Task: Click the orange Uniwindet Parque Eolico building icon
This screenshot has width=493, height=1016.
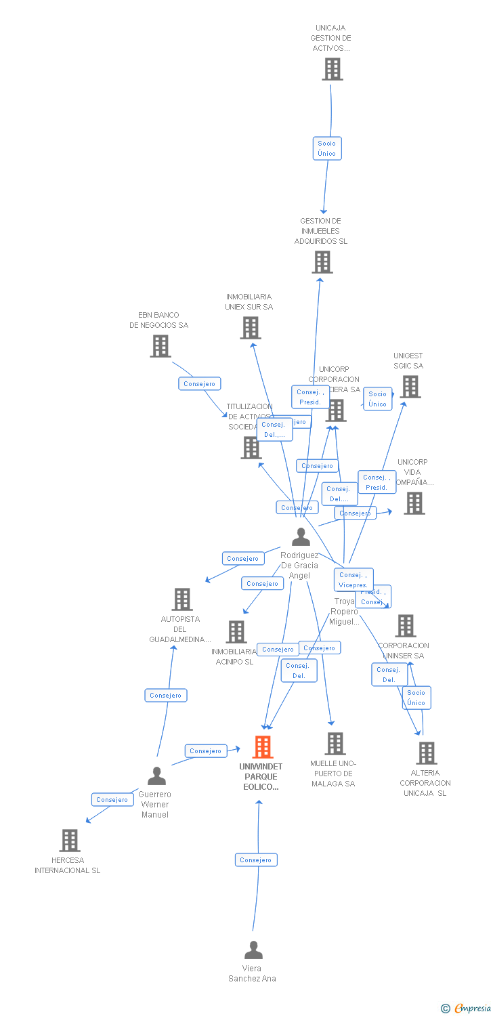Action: (263, 747)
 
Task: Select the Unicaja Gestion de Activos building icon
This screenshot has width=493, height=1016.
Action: (332, 69)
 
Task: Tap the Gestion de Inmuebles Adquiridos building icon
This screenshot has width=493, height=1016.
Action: (322, 262)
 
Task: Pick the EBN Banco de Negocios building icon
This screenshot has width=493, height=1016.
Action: (160, 346)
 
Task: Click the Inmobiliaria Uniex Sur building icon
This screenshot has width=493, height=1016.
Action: (251, 328)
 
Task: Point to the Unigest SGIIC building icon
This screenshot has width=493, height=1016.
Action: (410, 387)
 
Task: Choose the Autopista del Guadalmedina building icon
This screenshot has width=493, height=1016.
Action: (181, 599)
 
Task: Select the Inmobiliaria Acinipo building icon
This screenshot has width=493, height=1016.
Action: (236, 632)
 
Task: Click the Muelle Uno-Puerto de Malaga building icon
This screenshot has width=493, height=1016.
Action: (335, 744)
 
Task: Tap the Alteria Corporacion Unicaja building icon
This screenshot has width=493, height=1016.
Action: (426, 753)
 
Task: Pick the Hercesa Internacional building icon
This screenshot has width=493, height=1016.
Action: (70, 841)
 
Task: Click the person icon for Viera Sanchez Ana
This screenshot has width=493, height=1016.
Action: (253, 950)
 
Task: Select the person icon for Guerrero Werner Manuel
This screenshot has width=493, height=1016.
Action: (156, 776)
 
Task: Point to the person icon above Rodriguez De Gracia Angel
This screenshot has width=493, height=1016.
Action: (301, 536)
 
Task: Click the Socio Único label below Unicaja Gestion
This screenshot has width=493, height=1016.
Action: (327, 148)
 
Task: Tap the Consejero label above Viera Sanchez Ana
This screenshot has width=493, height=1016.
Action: (256, 860)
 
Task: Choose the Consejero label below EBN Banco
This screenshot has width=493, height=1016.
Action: (200, 384)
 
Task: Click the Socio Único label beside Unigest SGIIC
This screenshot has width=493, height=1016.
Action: (378, 399)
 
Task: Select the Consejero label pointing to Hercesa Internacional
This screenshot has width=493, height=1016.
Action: (112, 800)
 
